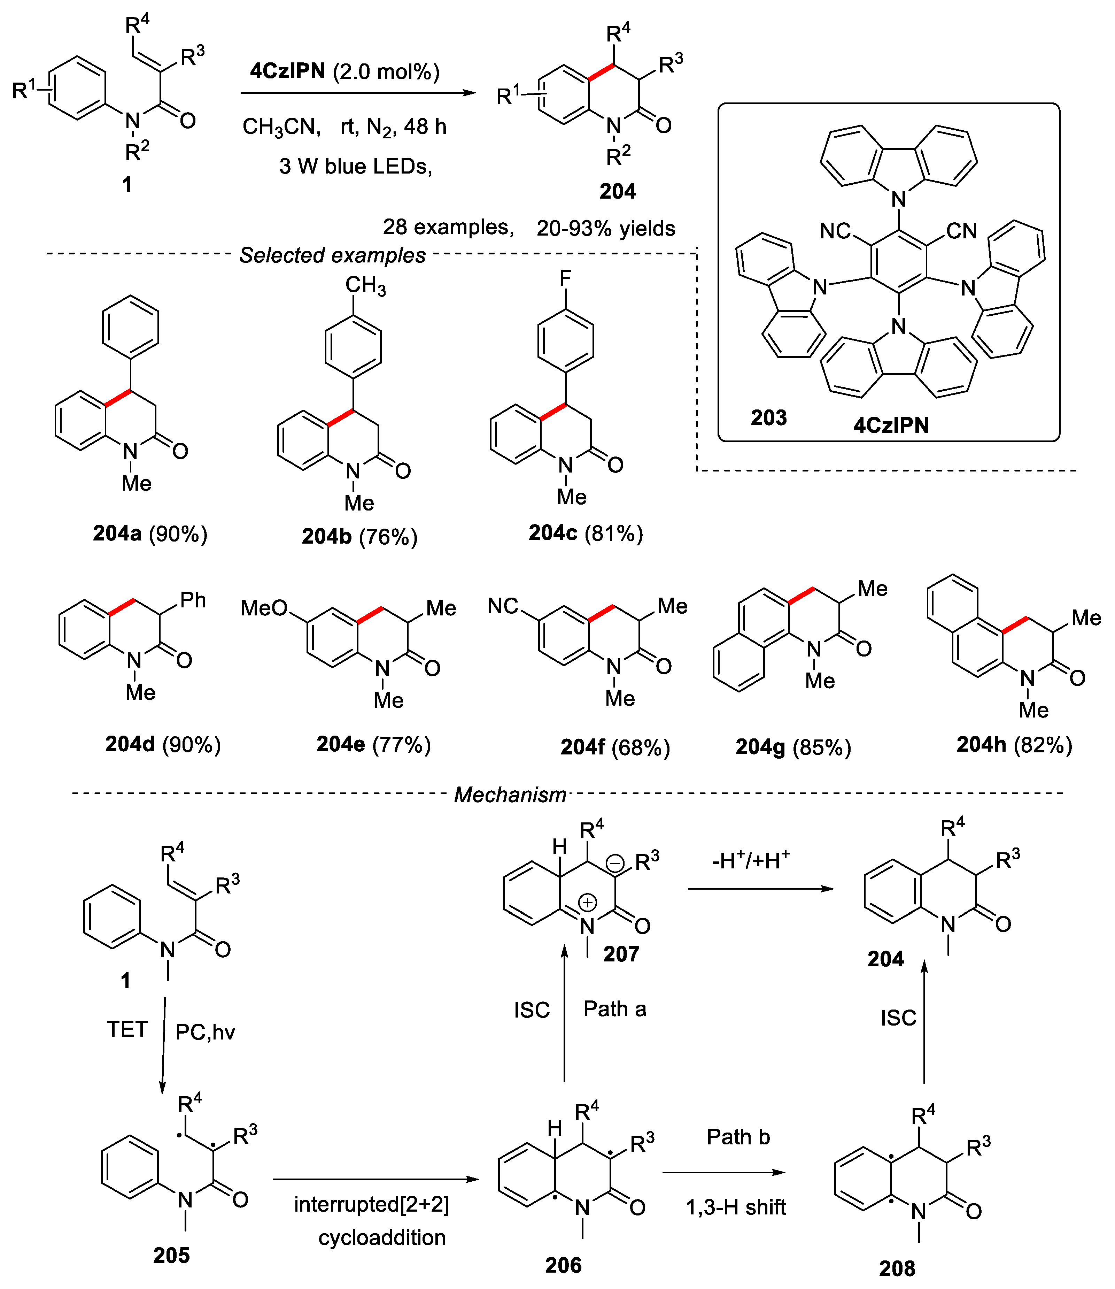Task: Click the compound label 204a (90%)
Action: (150, 534)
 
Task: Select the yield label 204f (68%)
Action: (615, 747)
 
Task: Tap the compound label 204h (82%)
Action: (1014, 744)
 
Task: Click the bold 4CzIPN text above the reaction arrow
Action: (287, 71)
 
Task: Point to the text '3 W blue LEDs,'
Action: (355, 166)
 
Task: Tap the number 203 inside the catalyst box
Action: (768, 417)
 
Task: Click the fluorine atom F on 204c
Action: (565, 278)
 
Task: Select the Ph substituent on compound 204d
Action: (193, 600)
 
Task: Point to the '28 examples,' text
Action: (448, 227)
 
